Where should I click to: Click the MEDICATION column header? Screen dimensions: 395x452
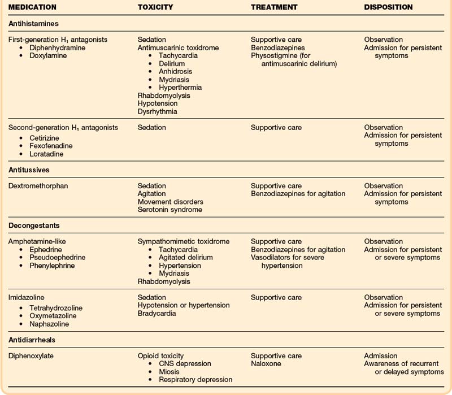coord(32,7)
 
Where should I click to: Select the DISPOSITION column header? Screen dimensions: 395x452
coord(388,7)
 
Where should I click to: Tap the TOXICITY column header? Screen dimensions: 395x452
coord(155,7)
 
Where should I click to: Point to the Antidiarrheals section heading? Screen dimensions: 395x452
coord(35,340)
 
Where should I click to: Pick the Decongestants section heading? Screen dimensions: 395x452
coord(34,225)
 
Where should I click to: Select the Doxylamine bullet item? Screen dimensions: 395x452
coord(49,56)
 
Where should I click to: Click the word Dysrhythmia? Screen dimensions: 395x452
coord(158,112)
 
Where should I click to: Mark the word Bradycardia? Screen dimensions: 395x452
coord(157,313)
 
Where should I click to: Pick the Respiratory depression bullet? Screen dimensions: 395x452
coord(195,380)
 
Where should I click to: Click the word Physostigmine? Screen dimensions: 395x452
coord(276,56)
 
